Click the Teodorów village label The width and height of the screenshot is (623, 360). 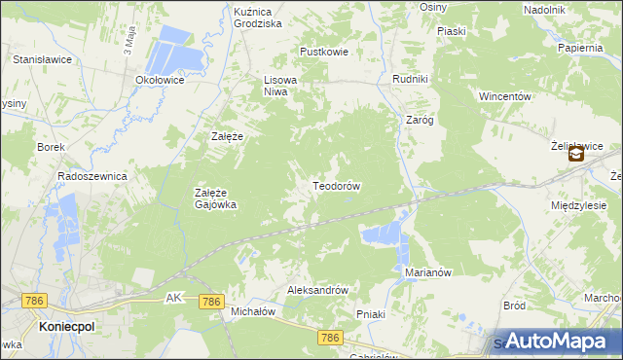point(337,186)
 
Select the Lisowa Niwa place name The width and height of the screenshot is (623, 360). point(279,87)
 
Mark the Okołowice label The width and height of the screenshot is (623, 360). point(161,81)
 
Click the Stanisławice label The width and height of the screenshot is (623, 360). point(39,59)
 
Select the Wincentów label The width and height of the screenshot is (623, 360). point(503,97)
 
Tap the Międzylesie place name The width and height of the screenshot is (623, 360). point(578,206)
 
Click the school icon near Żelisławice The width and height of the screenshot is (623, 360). point(576,154)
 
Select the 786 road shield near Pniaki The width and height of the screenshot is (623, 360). point(331,337)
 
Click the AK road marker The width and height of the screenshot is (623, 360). point(174,296)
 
